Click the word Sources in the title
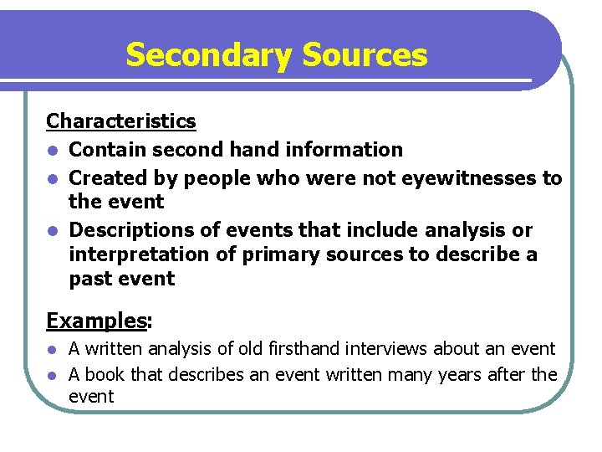365,55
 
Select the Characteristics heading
121,121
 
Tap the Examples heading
96,321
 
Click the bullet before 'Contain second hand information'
53,151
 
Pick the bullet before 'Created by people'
53,178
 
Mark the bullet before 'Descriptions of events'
53,230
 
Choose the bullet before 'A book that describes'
52,375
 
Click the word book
102,374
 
